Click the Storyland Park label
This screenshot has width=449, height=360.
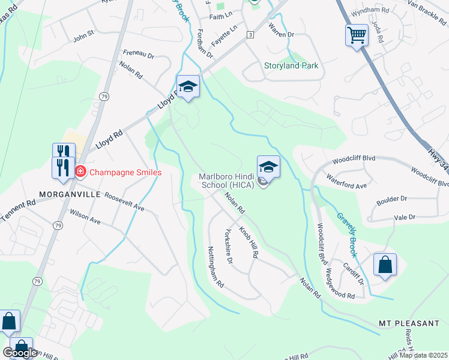291,65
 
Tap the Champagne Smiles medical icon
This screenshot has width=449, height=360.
80,172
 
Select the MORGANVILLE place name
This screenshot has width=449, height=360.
70,194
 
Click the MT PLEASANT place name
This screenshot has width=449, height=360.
409,323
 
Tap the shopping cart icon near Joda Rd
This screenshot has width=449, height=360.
357,35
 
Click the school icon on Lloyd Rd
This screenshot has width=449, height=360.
188,87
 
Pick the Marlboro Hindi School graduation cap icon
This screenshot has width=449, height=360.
268,167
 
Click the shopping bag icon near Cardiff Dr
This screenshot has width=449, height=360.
385,265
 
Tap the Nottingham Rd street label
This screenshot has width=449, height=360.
215,265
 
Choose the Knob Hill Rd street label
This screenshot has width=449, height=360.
249,242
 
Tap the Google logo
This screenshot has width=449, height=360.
20,352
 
